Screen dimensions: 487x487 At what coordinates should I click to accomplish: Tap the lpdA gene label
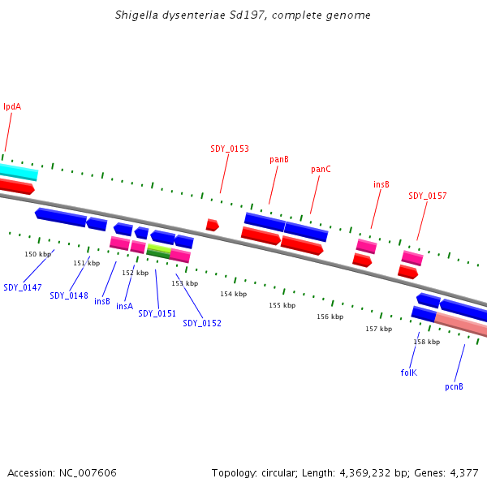(x=12, y=106)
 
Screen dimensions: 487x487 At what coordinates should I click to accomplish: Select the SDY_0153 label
(x=230, y=149)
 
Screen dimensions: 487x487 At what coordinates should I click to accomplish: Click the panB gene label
(x=279, y=160)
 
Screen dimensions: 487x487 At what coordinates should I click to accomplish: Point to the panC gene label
(x=321, y=170)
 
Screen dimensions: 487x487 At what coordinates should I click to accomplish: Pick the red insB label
(x=381, y=184)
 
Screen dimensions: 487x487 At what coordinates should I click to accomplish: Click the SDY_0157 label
(x=427, y=196)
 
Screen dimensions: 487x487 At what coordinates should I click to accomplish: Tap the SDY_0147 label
(x=23, y=287)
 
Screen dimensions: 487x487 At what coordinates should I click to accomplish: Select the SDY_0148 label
(x=69, y=295)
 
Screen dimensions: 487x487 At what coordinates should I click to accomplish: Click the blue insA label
(x=124, y=306)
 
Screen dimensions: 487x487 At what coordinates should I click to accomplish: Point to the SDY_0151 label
(x=157, y=313)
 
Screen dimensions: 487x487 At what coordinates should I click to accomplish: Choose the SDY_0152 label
(x=202, y=323)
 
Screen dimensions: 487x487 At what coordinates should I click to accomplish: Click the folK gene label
(x=408, y=373)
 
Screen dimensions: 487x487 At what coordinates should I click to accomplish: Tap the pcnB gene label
(x=454, y=386)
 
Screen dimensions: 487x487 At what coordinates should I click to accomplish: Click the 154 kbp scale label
(x=233, y=294)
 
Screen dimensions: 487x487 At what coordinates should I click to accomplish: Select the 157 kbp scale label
(x=378, y=329)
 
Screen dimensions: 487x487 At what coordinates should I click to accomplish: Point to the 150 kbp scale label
(x=37, y=254)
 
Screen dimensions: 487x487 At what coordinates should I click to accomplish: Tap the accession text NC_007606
(x=62, y=472)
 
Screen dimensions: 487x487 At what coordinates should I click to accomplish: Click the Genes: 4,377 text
(x=446, y=472)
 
